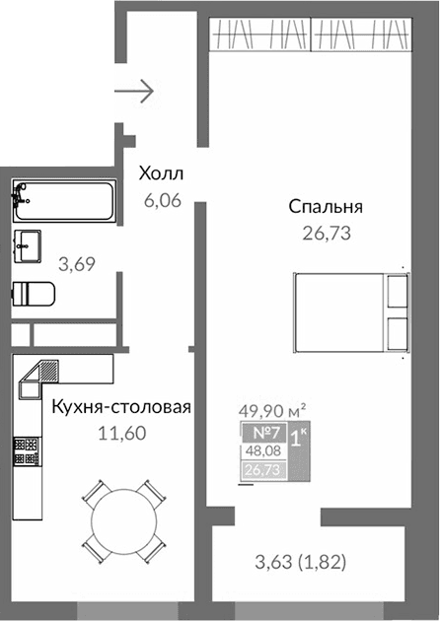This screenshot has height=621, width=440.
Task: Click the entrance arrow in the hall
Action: pyautogui.click(x=134, y=92)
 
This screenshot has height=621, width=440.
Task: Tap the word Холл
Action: pyautogui.click(x=161, y=174)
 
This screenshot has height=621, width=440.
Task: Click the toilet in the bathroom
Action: pyautogui.click(x=35, y=295)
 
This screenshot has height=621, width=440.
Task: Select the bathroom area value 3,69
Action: pyautogui.click(x=78, y=263)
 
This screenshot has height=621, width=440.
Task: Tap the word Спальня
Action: pyautogui.click(x=327, y=207)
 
